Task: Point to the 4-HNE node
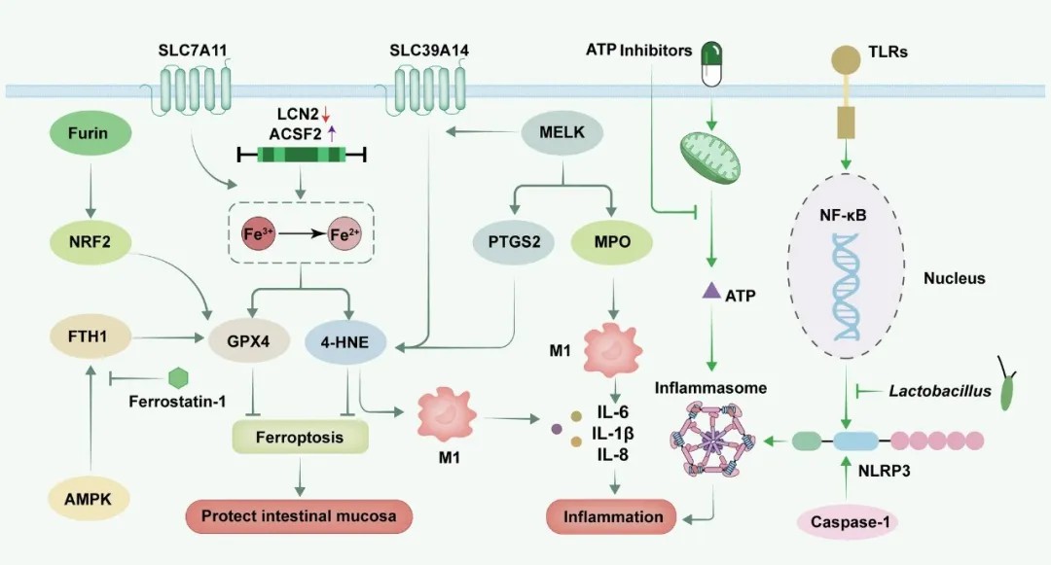coord(346,341)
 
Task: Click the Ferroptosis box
coord(300,438)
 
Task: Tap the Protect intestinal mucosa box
coord(300,515)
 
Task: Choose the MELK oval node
coord(565,131)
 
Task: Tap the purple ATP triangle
coord(711,289)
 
